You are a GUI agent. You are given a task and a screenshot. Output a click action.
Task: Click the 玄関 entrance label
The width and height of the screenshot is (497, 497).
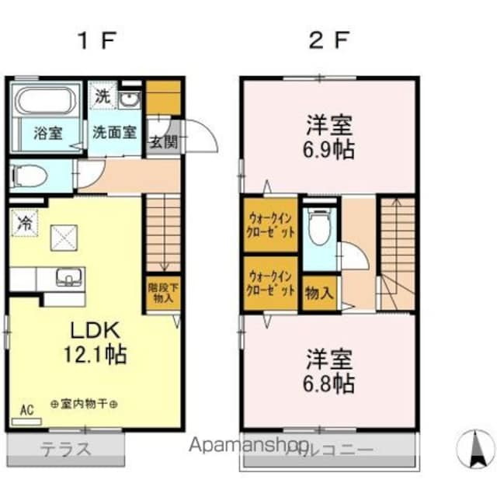coord(162,141)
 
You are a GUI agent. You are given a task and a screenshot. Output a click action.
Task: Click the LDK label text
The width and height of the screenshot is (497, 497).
coord(95,329)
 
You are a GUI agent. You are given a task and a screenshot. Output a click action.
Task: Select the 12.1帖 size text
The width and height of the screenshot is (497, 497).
coord(96,354)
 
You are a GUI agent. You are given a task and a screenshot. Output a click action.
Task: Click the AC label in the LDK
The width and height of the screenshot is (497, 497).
coord(26,409)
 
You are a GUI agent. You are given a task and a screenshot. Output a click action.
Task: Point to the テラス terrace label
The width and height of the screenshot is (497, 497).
coord(67,448)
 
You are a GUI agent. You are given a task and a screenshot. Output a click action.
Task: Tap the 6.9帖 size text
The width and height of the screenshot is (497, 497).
coord(329,149)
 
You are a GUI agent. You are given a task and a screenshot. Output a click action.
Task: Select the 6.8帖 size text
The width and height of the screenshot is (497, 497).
coord(329,382)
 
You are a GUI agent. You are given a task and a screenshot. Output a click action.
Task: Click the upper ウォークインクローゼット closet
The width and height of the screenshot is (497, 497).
coord(269,224)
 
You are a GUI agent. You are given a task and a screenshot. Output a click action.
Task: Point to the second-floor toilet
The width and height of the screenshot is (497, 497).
coord(318,227)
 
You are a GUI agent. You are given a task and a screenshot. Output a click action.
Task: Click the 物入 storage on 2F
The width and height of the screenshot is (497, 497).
coord(319,294)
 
